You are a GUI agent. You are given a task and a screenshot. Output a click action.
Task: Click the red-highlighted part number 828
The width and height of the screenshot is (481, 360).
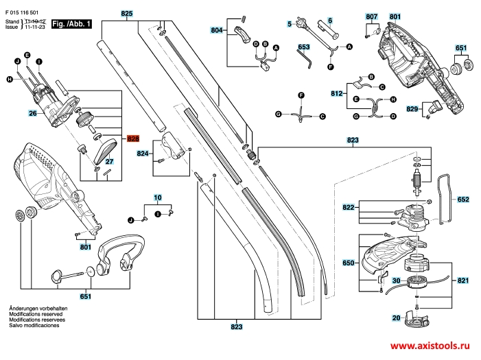133,139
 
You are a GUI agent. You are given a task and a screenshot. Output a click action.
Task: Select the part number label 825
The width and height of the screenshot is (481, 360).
127,13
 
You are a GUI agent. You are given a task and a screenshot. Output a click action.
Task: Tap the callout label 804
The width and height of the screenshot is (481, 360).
217,32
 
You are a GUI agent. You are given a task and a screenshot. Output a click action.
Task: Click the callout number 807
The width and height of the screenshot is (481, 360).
371,16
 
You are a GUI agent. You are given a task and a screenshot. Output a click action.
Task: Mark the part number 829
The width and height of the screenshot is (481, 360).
412,109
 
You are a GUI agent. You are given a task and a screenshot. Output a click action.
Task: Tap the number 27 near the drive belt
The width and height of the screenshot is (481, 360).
108,162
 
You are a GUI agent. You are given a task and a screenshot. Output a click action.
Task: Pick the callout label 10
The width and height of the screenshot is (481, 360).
158,198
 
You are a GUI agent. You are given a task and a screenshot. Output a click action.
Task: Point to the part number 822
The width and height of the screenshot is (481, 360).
349,206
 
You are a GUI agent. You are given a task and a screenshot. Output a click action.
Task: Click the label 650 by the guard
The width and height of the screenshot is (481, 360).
348,263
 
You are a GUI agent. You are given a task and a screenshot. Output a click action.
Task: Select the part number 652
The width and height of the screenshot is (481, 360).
463,200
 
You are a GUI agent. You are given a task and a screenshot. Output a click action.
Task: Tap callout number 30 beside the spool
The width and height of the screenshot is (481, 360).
396,280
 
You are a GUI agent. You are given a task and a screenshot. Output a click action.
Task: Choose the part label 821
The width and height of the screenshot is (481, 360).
463,280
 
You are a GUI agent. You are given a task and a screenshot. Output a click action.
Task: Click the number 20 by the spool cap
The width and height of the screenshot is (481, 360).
396,317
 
